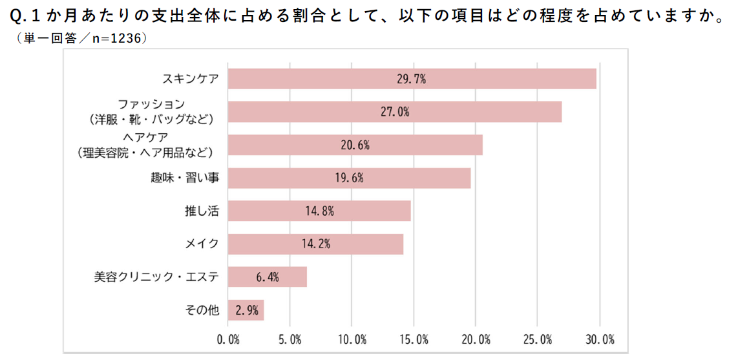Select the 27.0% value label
coord(394,112)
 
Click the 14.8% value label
coord(319,211)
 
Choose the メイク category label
coord(202,244)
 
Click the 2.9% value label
coord(246,310)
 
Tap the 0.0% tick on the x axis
coord(229,339)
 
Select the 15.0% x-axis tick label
coord(414,339)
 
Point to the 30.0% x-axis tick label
coord(600,339)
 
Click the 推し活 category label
coord(202,211)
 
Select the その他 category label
coord(202,310)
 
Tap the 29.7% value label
coord(412,79)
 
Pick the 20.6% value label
coord(355,145)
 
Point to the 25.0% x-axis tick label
coord(538,339)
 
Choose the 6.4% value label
coord(267,277)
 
